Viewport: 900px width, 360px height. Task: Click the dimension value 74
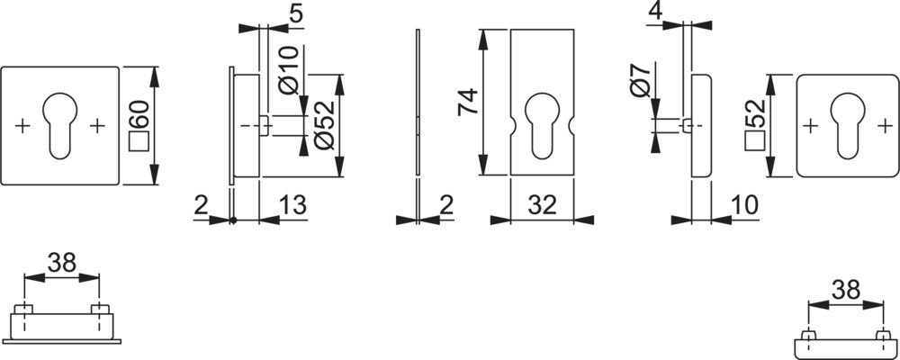tap(468, 102)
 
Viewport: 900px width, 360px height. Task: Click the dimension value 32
tap(543, 205)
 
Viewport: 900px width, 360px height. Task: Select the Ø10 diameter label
tap(289, 70)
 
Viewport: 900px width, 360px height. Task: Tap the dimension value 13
tap(292, 205)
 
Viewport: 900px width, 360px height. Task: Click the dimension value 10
tap(744, 205)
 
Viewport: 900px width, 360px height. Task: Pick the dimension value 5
tap(296, 14)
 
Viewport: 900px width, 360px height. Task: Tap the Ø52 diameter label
tap(325, 125)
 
